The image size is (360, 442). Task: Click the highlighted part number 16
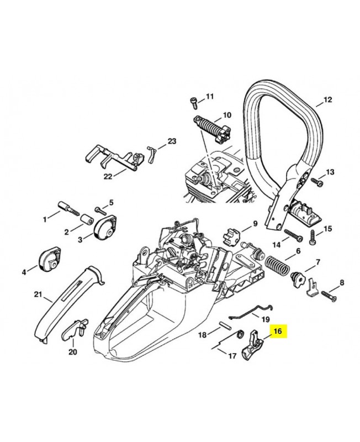pos(277,331)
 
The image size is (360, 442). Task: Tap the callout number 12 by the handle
pos(328,100)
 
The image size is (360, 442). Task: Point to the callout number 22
pos(108,176)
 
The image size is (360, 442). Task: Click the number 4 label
pos(24,271)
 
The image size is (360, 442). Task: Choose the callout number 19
pos(265,319)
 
